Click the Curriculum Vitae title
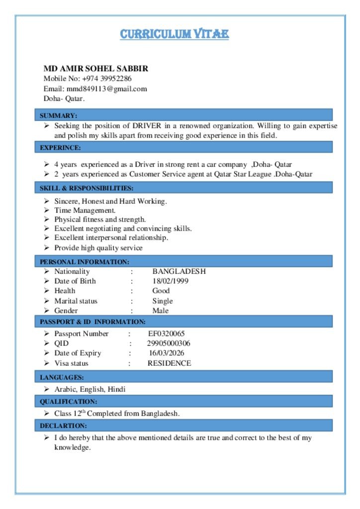tap(174, 34)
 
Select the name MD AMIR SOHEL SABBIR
tap(95, 69)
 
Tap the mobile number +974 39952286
tap(107, 79)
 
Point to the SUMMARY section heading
tap(58, 115)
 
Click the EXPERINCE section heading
tap(60, 147)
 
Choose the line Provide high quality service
tap(98, 248)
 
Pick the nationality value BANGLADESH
tap(179, 271)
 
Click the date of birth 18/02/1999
tap(170, 281)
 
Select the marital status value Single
tap(163, 301)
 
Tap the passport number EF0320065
tap(167, 334)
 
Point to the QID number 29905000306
tap(169, 343)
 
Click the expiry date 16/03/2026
tap(167, 353)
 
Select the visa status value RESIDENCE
tap(169, 363)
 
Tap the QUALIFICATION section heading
tap(68, 401)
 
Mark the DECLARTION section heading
tap(63, 425)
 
